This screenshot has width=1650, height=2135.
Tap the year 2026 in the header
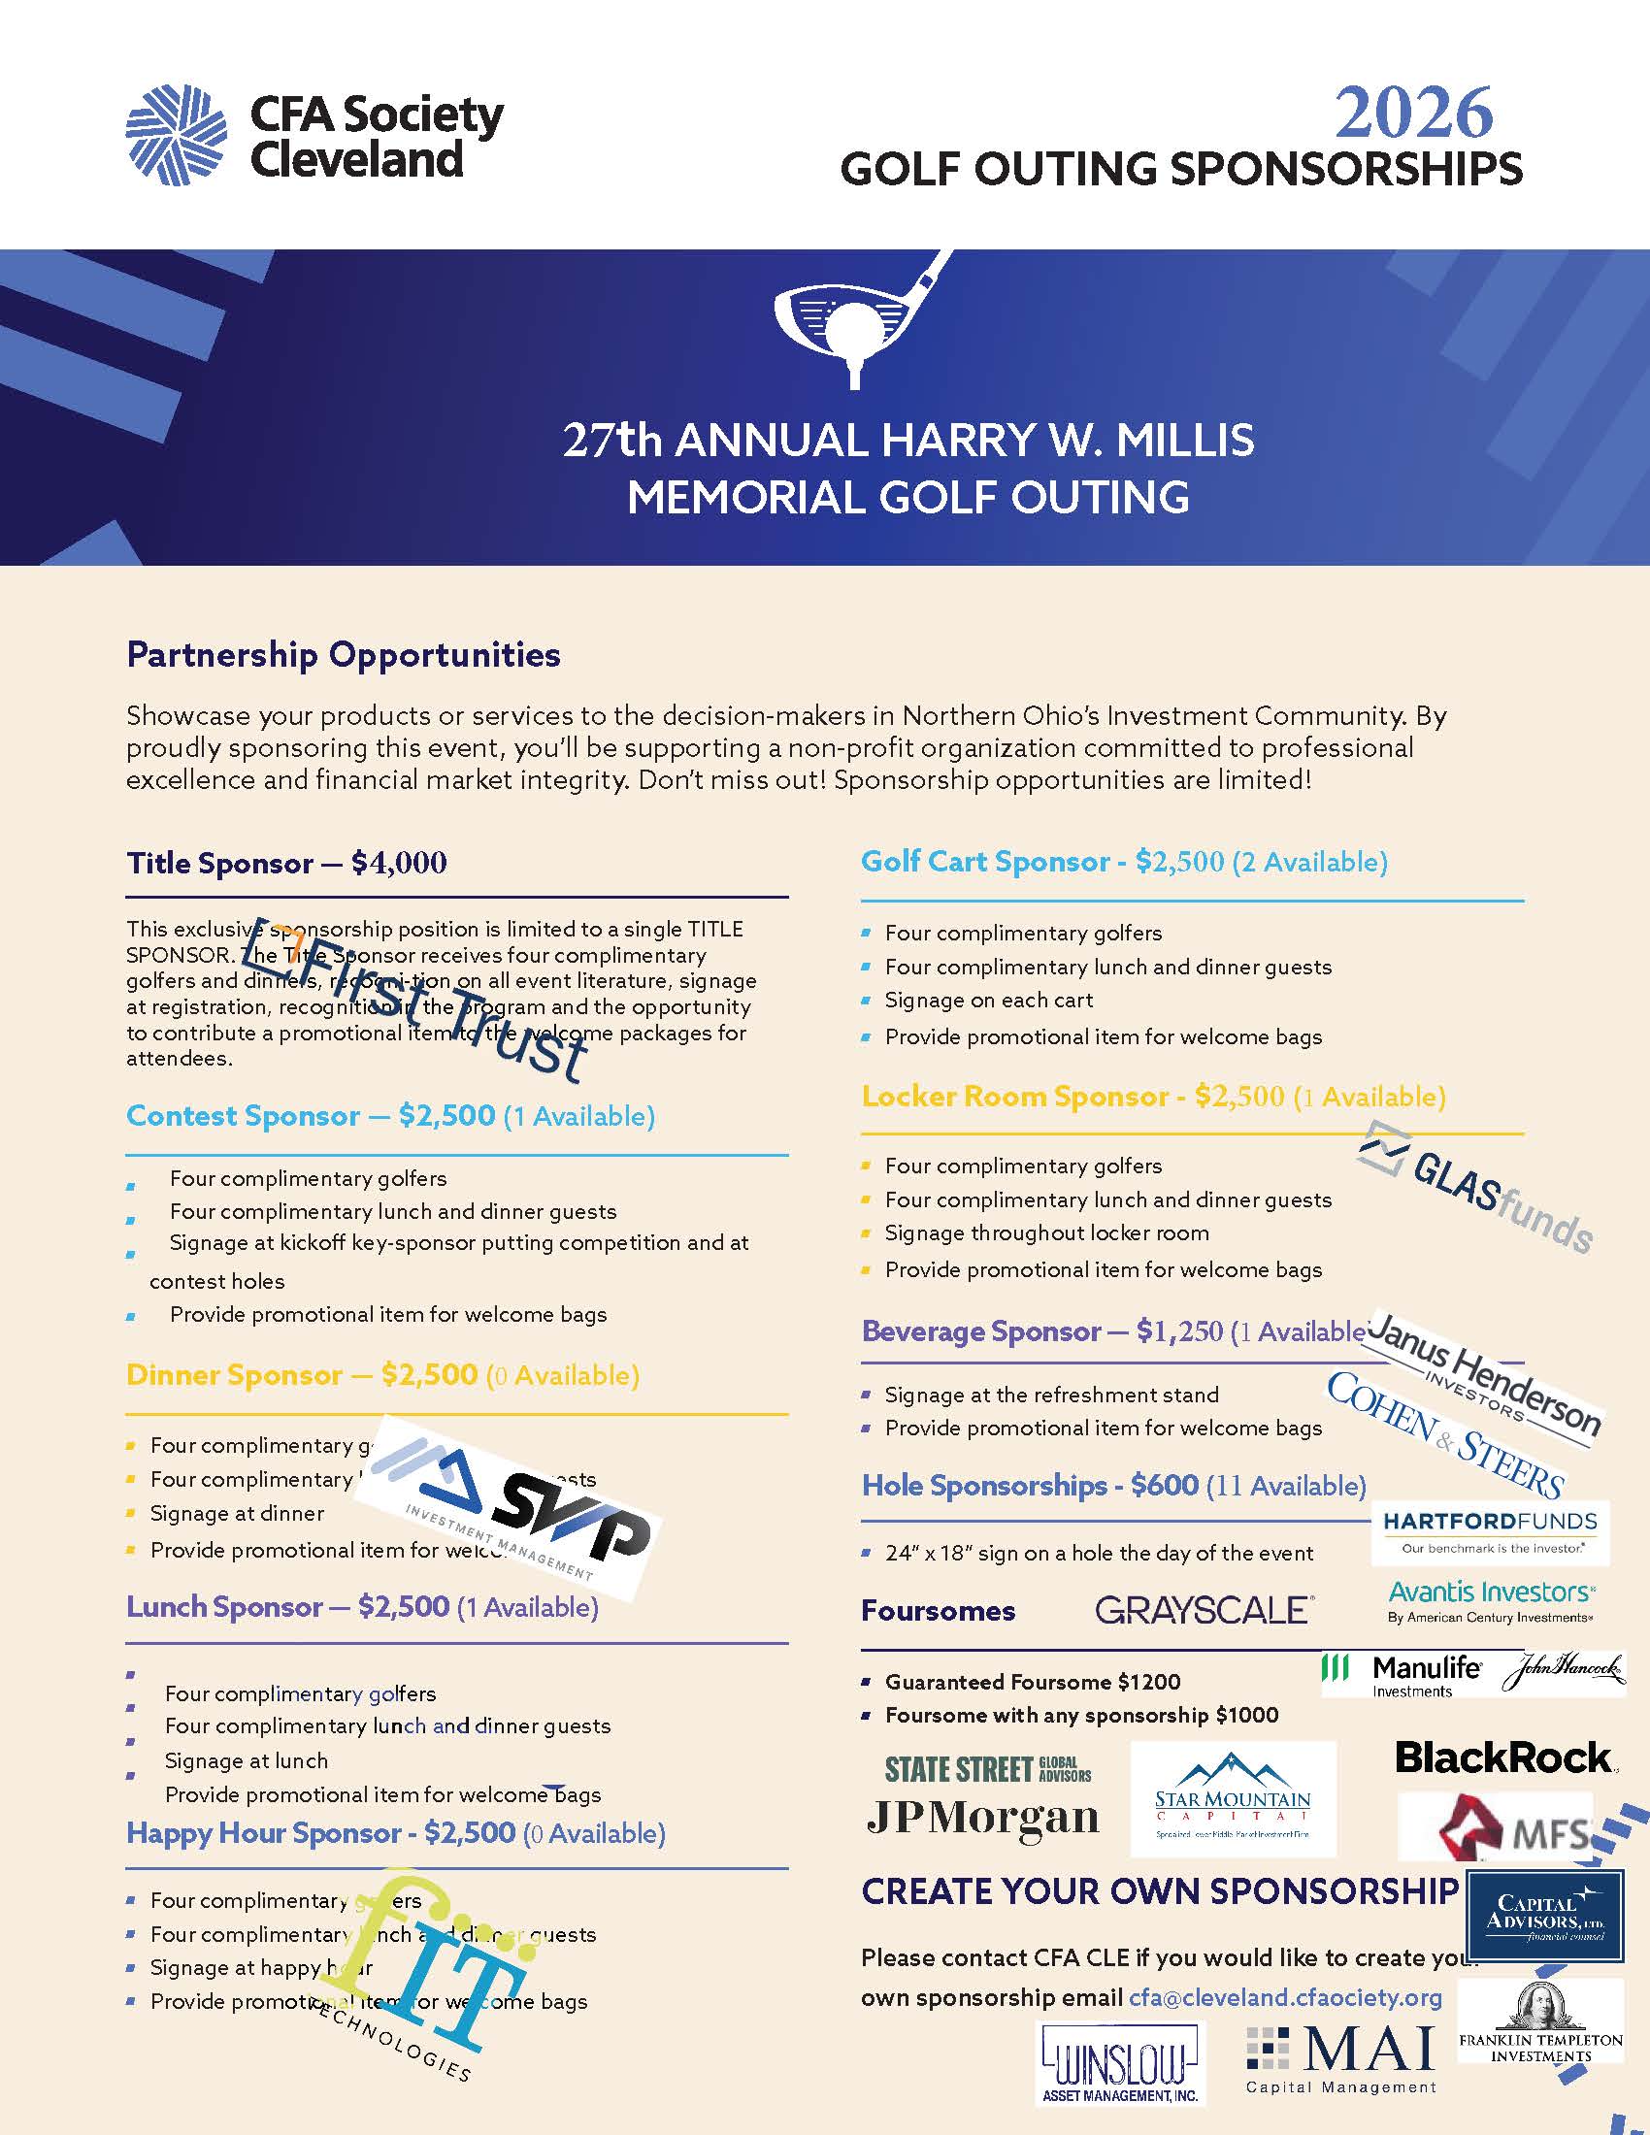point(1413,114)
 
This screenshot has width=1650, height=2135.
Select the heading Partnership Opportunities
point(343,654)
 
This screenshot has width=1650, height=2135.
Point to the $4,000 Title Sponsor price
point(399,863)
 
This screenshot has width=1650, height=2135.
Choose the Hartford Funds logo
point(1490,1531)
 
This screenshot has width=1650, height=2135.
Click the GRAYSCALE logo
point(1204,1610)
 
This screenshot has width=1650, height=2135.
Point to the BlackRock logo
point(1504,1757)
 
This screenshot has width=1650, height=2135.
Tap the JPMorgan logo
point(982,1817)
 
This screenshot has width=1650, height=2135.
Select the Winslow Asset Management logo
point(1119,2061)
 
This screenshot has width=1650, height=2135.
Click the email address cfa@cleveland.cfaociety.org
point(1285,1997)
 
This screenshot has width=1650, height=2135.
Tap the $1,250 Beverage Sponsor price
point(1179,1331)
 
